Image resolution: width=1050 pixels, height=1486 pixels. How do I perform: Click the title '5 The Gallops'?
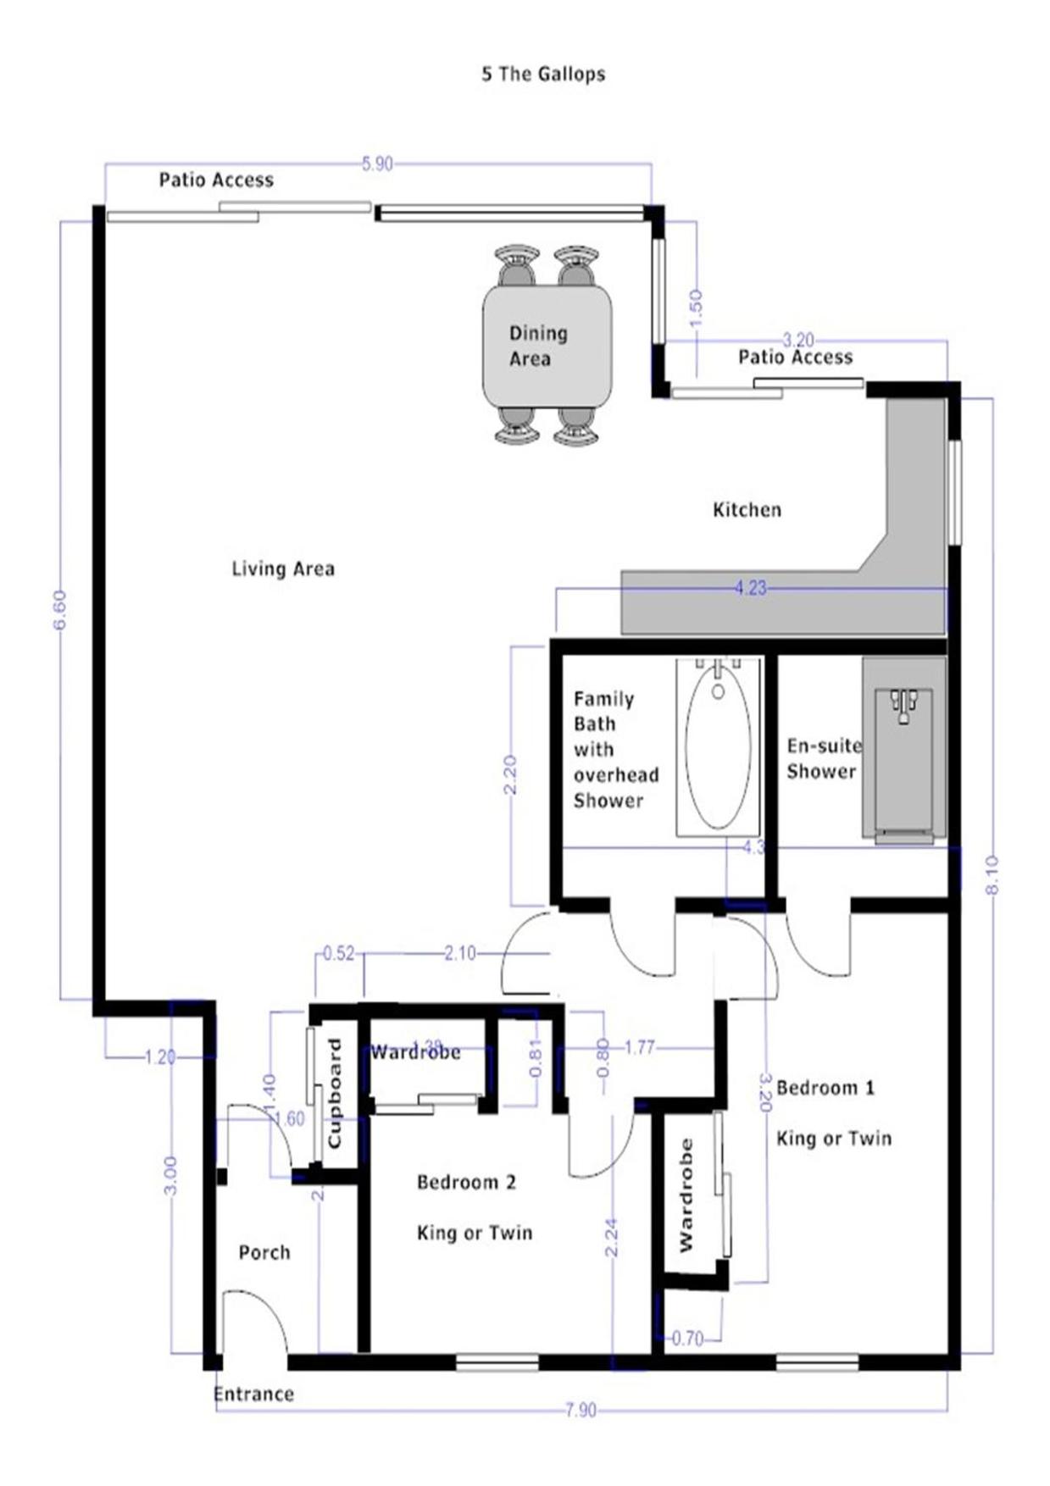click(x=543, y=74)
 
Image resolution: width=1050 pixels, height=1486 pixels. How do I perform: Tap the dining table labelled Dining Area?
click(x=547, y=346)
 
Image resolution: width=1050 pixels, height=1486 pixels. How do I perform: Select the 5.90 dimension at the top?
click(x=377, y=164)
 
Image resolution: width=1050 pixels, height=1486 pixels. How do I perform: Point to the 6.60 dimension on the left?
click(x=59, y=609)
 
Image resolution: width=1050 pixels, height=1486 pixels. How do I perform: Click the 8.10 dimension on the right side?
click(x=992, y=874)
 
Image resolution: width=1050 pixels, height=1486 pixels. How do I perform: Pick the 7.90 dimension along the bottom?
click(x=581, y=1410)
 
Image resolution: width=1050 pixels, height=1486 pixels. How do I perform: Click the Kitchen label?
click(x=747, y=510)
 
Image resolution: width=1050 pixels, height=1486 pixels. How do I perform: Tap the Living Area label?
click(x=283, y=568)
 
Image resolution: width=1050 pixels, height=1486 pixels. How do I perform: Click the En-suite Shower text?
click(x=823, y=758)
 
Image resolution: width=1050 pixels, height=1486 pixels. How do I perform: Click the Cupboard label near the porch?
click(x=334, y=1093)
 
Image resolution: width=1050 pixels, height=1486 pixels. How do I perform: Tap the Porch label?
click(x=264, y=1252)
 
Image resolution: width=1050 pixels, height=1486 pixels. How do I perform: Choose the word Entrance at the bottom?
click(x=253, y=1395)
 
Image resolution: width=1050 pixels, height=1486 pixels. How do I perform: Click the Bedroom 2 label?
click(x=466, y=1182)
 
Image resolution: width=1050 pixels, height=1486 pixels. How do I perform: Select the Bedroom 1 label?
click(x=825, y=1087)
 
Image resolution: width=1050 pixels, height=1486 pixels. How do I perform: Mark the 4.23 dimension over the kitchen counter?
click(x=750, y=587)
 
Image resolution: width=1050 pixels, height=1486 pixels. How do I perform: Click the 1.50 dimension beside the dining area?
click(x=696, y=307)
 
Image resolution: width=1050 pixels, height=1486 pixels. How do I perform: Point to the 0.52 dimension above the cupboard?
click(x=338, y=953)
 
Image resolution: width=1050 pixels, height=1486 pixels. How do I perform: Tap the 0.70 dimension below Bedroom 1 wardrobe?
click(x=687, y=1339)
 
